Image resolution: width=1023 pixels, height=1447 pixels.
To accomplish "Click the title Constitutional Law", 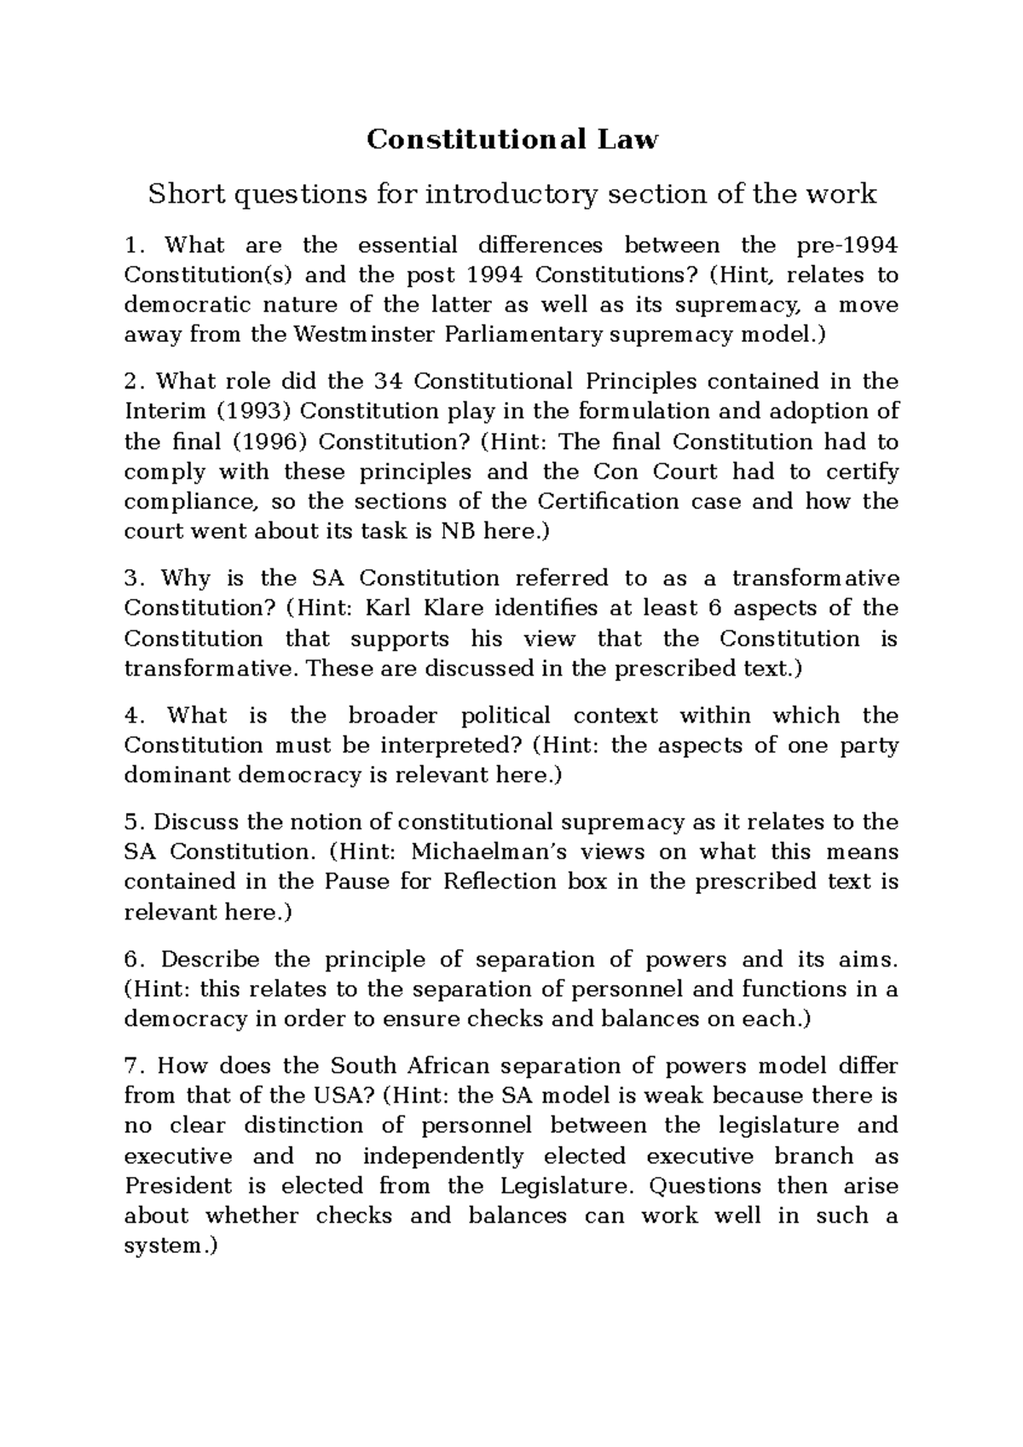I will tap(512, 139).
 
